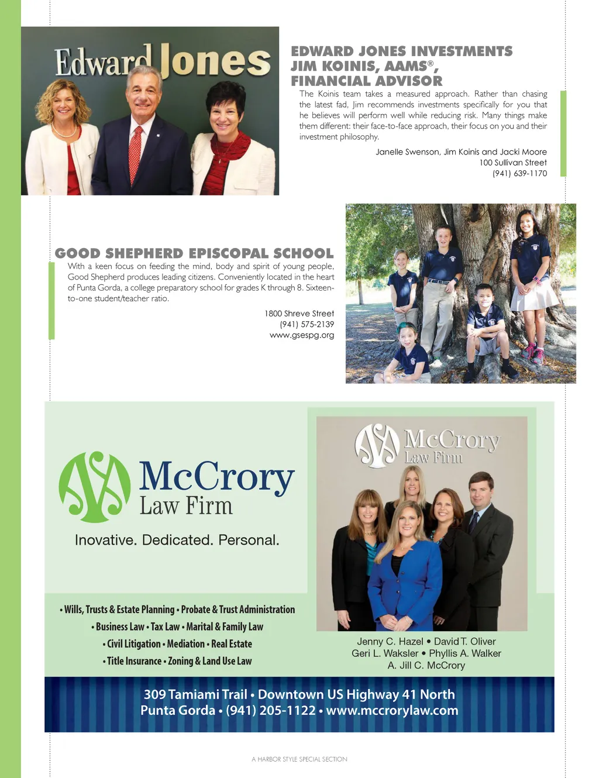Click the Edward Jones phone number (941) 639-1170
(519, 174)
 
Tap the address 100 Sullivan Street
(513, 163)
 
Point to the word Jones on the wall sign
(215, 62)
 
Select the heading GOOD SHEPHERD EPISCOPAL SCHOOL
(194, 253)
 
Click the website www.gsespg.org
(301, 335)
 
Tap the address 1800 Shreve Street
(299, 314)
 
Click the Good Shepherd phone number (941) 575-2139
(307, 324)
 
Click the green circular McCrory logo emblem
(95, 487)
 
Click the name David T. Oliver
(464, 642)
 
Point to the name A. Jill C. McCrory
(426, 666)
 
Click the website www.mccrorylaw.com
(392, 711)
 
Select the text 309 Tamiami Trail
(195, 694)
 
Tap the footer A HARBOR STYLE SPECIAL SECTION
(299, 759)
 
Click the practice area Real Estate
(232, 644)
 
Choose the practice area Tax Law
(165, 627)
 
